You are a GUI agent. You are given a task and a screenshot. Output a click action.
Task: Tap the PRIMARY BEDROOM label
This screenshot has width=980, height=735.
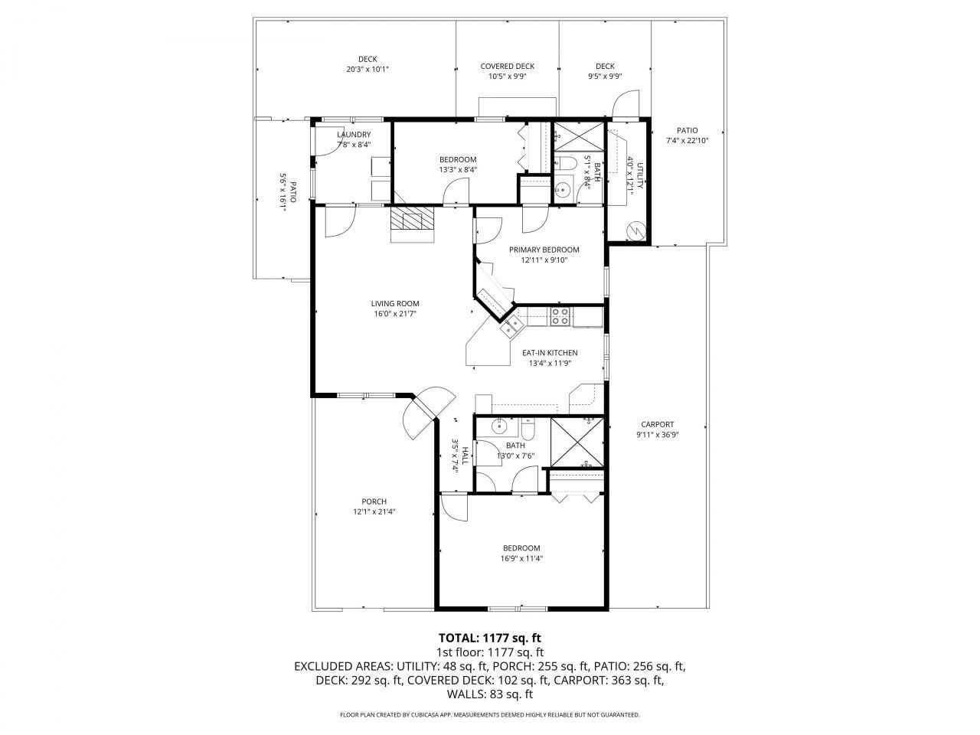click(x=544, y=250)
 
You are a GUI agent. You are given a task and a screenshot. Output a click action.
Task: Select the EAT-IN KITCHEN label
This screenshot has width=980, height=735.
click(x=550, y=353)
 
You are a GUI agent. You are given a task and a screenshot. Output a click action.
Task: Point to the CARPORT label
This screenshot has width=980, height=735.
click(x=657, y=424)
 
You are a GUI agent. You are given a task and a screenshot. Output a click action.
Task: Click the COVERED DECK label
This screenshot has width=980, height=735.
click(x=507, y=67)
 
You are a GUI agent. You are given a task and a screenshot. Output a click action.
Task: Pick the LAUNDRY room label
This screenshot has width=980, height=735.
click(x=354, y=135)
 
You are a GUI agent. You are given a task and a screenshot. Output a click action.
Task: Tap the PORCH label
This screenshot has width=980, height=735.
click(x=374, y=501)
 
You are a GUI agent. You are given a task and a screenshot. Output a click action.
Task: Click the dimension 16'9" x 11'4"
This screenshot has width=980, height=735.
click(x=521, y=558)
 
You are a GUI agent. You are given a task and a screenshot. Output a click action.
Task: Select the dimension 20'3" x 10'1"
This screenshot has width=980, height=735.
click(x=367, y=69)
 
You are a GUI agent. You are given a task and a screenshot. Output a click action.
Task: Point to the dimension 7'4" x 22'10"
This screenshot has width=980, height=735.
click(x=687, y=140)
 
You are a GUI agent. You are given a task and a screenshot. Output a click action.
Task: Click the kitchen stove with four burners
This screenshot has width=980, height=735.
click(x=560, y=316)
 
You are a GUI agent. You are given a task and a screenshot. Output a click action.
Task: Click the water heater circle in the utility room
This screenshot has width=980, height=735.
click(x=635, y=230)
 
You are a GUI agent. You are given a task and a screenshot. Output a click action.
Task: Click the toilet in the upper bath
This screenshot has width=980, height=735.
click(x=563, y=162)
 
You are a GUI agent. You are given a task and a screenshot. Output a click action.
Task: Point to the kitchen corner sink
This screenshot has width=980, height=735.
click(x=510, y=328)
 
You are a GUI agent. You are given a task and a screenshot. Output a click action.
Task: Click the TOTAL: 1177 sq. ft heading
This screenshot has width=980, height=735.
click(x=489, y=637)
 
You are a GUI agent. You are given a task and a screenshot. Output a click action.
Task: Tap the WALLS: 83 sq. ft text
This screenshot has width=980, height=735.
click(x=489, y=694)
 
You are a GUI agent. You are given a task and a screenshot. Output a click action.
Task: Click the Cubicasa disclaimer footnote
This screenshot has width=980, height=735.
click(x=489, y=715)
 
